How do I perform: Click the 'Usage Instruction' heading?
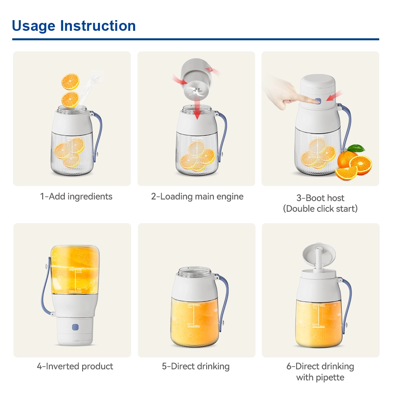point(74,26)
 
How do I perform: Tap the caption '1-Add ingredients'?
point(76,196)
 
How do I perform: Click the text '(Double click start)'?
point(320,209)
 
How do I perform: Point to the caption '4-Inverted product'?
point(75,366)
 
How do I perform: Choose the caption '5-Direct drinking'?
point(196,366)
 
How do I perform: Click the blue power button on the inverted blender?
point(75,327)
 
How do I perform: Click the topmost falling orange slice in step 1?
point(70,81)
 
